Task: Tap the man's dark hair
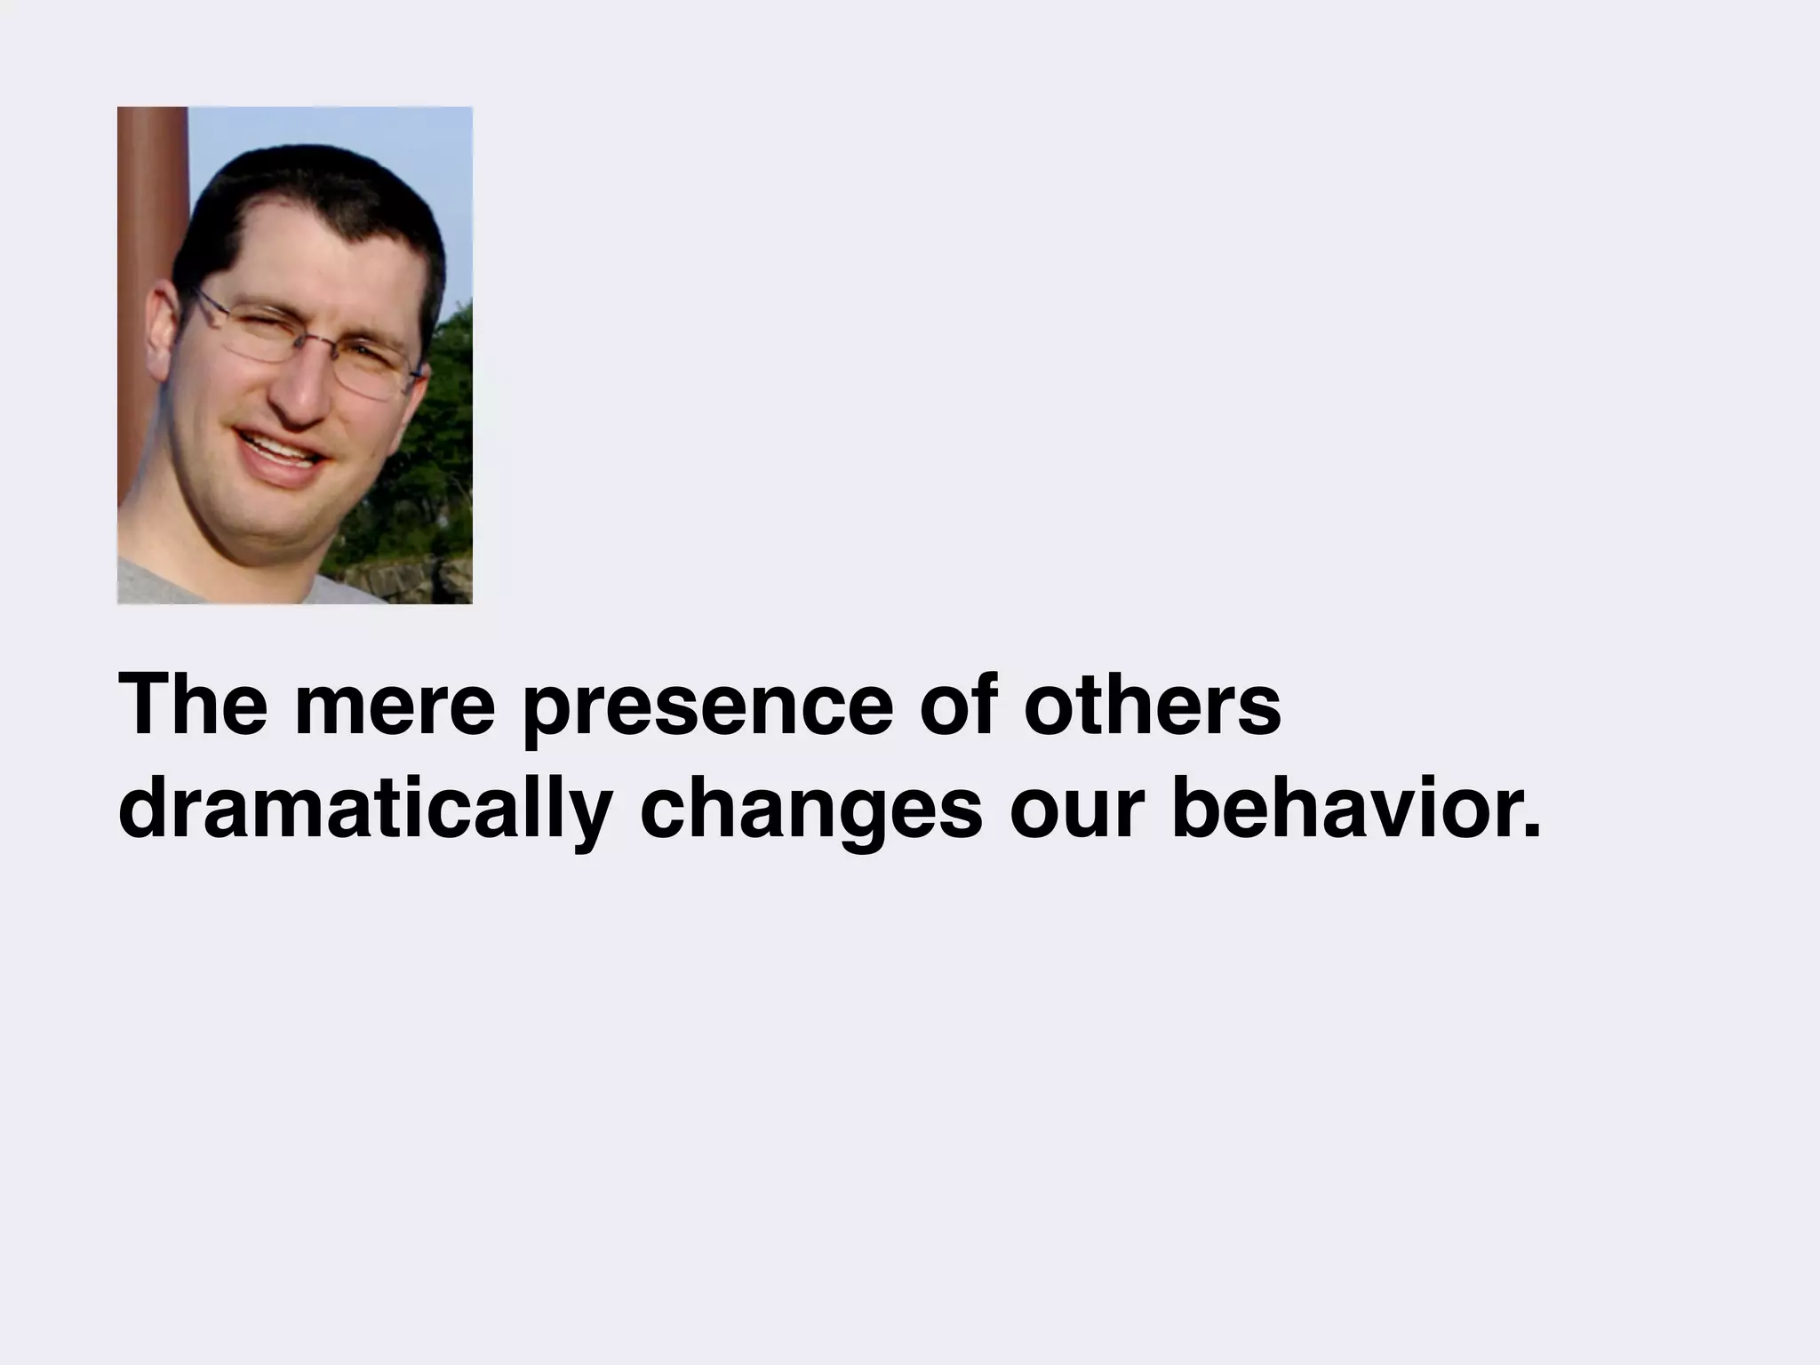tap(302, 196)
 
